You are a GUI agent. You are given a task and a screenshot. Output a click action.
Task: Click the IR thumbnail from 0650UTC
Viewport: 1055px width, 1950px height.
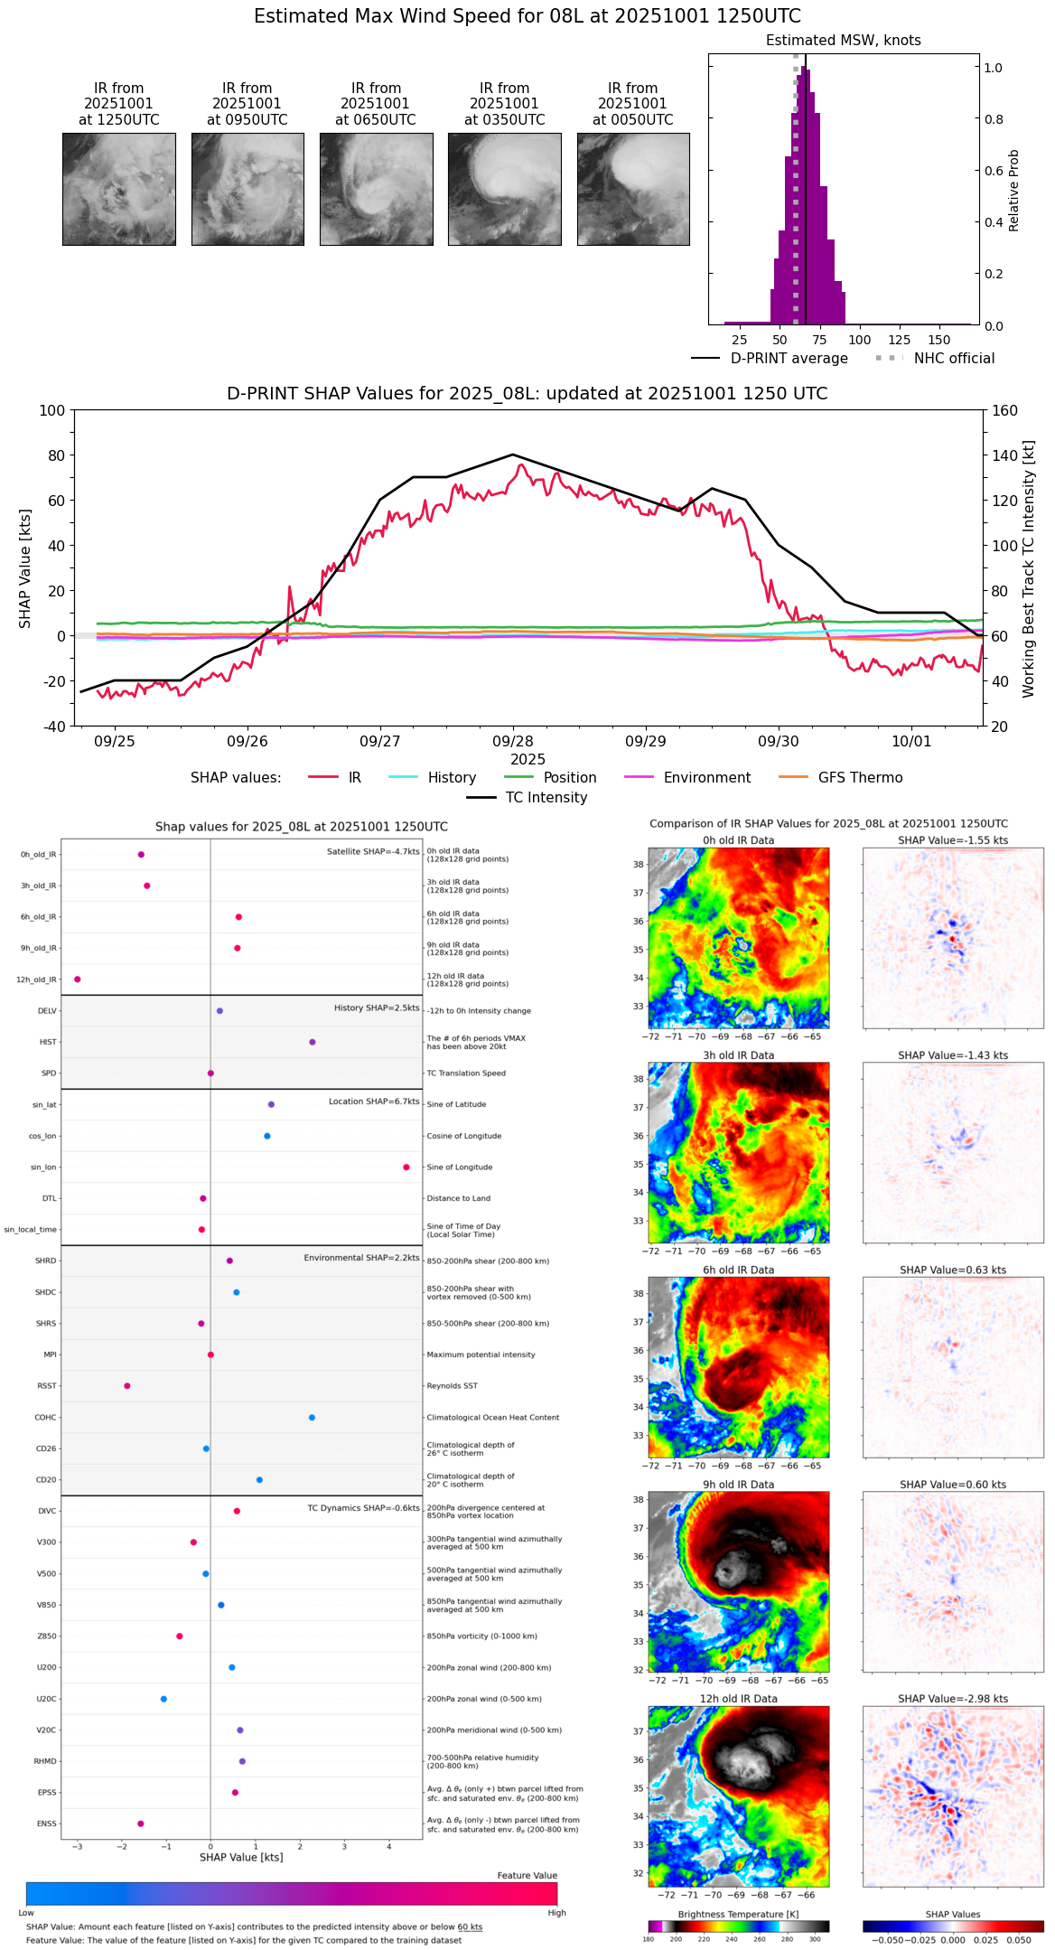pos(376,189)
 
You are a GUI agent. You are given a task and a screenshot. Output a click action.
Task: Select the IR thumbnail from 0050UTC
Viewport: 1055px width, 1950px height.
pos(633,189)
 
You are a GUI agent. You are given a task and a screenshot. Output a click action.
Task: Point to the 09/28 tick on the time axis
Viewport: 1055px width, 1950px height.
pos(513,741)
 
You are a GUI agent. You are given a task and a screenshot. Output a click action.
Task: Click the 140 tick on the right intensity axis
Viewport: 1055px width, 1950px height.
pos(1004,455)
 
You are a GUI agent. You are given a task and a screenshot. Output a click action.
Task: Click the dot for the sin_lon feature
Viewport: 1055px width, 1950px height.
pos(406,1167)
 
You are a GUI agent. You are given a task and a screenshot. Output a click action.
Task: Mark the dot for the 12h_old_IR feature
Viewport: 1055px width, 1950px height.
pos(78,980)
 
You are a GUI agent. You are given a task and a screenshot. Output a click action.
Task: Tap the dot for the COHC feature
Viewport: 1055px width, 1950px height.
pos(313,1418)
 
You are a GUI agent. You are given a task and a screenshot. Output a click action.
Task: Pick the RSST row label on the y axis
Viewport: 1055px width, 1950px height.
pos(47,1386)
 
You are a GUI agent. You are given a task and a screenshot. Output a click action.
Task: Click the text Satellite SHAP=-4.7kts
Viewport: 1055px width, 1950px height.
pos(373,851)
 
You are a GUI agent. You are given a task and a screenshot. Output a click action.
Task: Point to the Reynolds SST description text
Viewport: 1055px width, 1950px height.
pos(453,1386)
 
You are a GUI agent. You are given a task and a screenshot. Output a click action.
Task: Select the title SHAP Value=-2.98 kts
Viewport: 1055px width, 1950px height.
pos(953,1699)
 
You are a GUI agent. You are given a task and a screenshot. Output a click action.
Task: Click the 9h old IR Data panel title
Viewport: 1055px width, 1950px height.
pos(738,1485)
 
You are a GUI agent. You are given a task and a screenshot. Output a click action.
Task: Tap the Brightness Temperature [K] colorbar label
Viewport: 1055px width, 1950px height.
pos(738,1915)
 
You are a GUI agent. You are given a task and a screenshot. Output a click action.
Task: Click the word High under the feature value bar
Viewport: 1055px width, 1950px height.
pos(556,1913)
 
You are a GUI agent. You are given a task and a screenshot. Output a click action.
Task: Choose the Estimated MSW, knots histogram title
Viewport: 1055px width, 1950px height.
pos(844,41)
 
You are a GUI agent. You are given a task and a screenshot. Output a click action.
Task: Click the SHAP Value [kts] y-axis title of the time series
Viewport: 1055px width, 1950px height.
pos(25,568)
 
